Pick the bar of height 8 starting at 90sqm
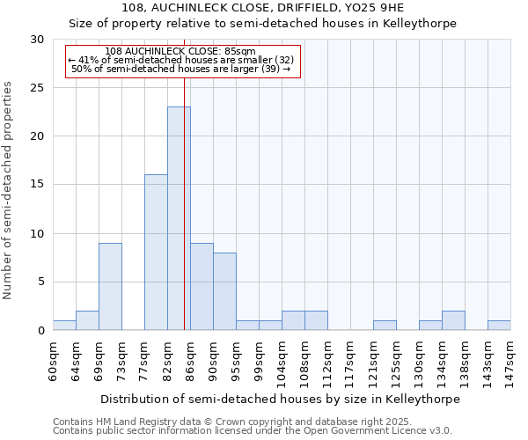coord(224,291)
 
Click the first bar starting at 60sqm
coord(64,325)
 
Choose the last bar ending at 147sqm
coord(499,325)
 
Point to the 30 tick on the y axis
coord(37,40)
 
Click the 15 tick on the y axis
coord(37,185)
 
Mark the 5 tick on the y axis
coord(40,282)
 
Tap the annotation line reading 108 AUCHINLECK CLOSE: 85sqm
coord(180,51)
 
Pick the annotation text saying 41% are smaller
coord(180,60)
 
